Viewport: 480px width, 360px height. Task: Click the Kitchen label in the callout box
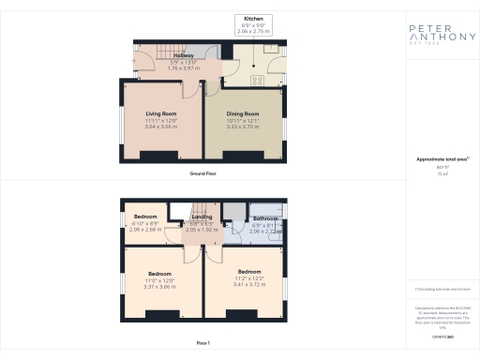253,19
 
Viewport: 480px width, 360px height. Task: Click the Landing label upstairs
202,217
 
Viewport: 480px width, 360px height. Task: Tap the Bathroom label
263,218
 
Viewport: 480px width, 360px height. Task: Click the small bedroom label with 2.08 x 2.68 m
144,217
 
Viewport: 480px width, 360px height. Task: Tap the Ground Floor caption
203,174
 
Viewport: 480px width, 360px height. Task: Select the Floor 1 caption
203,344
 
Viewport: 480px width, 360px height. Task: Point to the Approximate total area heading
442,159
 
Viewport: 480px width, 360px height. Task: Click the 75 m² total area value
442,174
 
